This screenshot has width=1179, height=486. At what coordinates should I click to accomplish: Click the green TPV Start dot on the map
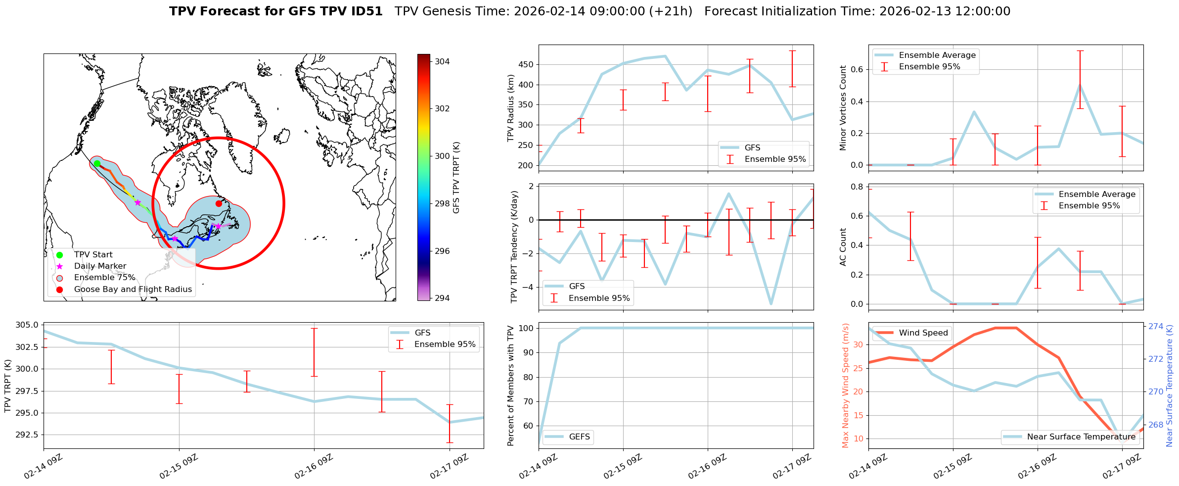[97, 164]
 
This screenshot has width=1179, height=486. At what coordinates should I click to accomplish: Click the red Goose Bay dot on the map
[219, 203]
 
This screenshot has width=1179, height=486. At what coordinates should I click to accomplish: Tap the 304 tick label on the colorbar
[442, 61]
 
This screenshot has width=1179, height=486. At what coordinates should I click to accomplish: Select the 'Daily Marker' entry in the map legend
[100, 266]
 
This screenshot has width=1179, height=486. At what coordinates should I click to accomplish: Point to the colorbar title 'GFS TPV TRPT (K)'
[456, 178]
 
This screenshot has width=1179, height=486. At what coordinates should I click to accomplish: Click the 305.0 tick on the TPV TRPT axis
[28, 325]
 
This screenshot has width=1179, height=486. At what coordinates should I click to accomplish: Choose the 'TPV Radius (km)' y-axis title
[511, 108]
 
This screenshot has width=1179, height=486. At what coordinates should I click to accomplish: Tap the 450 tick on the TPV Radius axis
[527, 65]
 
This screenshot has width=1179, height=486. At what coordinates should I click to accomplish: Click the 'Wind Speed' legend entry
[923, 333]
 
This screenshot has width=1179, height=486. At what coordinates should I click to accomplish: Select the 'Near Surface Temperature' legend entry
[1081, 437]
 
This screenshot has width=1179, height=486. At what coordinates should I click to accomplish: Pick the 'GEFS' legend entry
[579, 437]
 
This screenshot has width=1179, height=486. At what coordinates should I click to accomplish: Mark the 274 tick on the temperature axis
[1156, 326]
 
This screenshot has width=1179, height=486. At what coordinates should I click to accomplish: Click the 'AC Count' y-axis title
[843, 247]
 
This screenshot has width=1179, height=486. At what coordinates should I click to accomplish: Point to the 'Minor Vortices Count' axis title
[843, 108]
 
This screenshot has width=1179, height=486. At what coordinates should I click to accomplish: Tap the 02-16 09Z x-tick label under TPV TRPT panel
[314, 466]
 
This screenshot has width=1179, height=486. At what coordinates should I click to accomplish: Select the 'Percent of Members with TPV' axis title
[511, 386]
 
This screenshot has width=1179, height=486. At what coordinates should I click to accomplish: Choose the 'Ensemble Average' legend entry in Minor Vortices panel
[937, 55]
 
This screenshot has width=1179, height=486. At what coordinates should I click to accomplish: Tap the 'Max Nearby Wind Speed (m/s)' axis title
[845, 386]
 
